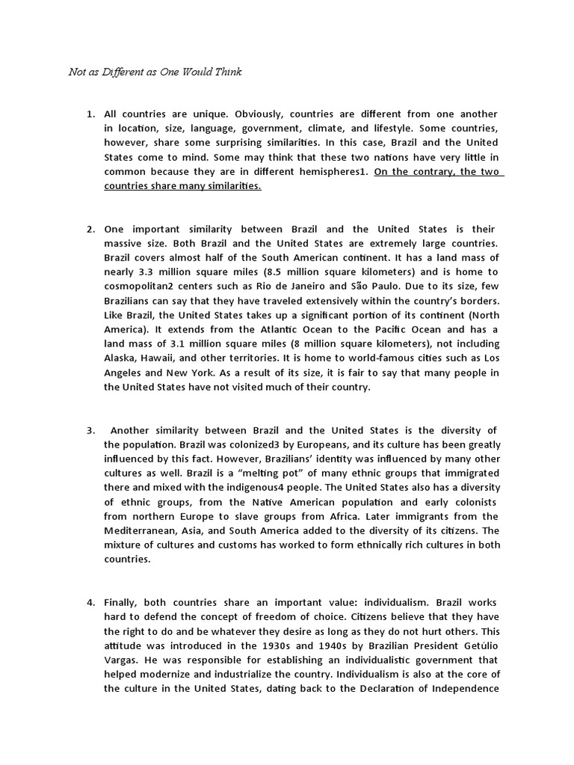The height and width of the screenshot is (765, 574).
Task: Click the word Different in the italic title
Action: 118,72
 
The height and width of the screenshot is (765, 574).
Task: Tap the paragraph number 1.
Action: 90,114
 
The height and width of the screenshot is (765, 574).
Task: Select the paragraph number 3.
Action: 90,431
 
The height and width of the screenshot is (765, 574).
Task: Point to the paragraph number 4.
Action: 90,603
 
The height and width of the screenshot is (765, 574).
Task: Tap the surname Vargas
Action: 122,660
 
